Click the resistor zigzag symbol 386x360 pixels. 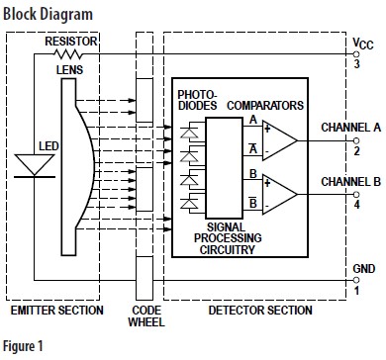67,53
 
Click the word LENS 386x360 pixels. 69,70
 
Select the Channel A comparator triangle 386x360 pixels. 280,140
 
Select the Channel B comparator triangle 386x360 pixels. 280,194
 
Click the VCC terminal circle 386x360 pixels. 356,54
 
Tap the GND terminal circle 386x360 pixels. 356,280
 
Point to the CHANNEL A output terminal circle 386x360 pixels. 356,140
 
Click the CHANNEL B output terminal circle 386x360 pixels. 356,194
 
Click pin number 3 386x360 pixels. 356,63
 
